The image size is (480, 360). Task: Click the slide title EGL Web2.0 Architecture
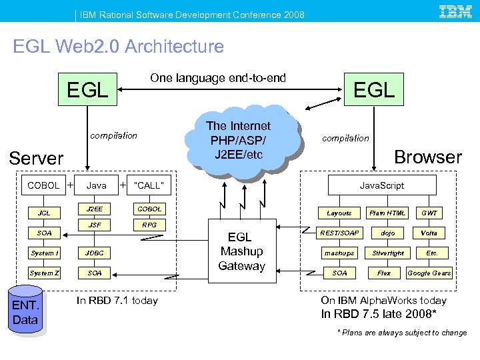pos(119,47)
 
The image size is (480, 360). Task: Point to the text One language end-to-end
pos(218,78)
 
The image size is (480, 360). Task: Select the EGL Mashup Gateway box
pos(241,251)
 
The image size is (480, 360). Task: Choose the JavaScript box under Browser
pos(381,185)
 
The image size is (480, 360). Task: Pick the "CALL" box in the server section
pos(149,185)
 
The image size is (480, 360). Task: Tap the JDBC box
pos(95,253)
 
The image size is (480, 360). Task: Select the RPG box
pos(149,225)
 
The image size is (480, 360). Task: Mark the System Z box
pos(44,273)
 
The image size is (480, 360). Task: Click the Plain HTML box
pos(388,213)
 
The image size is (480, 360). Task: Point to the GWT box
pos(429,213)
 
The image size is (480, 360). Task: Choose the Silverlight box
pos(388,253)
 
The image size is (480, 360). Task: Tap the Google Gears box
pos(429,273)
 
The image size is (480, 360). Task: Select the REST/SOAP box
pos(339,233)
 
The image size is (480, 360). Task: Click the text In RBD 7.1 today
pos(117,301)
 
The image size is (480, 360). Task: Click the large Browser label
pos(428,157)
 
